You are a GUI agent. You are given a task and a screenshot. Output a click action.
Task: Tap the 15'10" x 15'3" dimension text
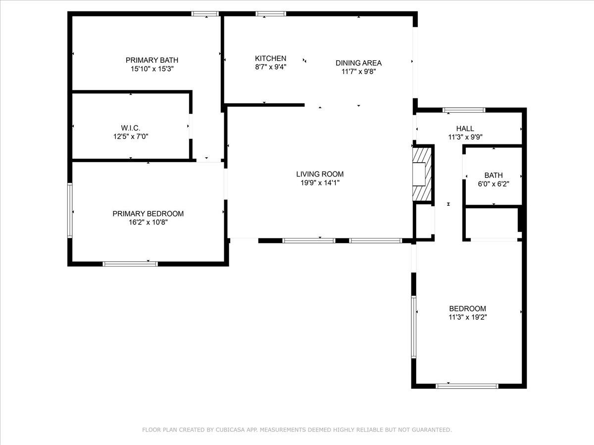pos(152,69)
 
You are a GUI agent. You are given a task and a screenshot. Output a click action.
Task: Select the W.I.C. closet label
pos(131,128)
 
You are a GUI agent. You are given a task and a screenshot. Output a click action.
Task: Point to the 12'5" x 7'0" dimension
pos(131,136)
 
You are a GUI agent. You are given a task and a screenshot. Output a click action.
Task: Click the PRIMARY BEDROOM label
pos(148,214)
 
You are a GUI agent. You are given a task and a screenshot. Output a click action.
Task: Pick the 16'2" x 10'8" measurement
pos(148,222)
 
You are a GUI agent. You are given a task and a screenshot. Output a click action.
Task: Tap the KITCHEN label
pos(270,58)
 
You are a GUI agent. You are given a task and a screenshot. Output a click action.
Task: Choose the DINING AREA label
pos(358,63)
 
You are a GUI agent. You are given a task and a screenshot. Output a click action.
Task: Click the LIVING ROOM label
pos(320,174)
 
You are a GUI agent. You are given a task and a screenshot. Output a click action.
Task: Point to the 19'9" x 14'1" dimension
pos(320,183)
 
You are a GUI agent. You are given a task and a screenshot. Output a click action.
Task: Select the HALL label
pos(465,129)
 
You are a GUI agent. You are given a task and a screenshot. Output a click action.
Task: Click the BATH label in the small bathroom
pos(494,175)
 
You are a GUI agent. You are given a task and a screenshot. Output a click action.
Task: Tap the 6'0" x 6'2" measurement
pos(494,183)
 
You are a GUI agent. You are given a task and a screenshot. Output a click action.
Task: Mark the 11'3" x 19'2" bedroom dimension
pos(468,317)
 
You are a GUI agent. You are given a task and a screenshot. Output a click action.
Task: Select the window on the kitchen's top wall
pos(270,14)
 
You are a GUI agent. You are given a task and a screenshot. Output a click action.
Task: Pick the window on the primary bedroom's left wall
pos(70,211)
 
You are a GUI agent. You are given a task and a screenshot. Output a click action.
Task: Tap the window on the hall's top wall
pos(464,110)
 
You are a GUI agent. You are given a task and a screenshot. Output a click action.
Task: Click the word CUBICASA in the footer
pos(230,430)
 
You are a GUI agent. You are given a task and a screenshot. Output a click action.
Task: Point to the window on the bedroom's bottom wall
pos(467,386)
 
